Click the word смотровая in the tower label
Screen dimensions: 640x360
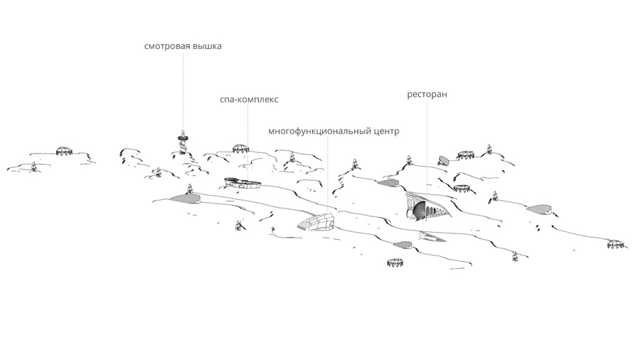167,46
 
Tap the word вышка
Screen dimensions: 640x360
207,46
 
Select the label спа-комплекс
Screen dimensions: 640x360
249,99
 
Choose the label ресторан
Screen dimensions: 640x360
427,95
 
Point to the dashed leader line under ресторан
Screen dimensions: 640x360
427,146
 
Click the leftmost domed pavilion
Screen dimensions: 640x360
64,150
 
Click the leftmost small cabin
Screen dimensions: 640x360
34,166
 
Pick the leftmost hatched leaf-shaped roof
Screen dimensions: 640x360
185,198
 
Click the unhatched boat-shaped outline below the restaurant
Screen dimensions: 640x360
432,237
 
